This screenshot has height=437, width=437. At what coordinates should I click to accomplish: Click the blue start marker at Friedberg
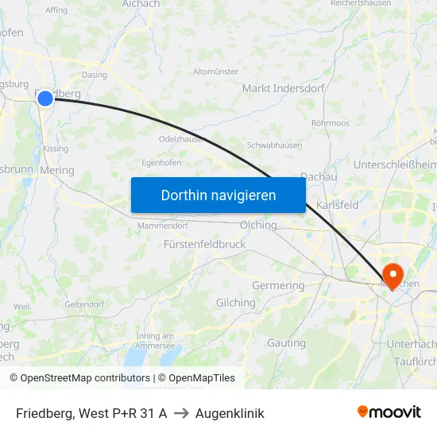45,98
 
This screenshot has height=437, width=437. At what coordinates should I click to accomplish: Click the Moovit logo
389,412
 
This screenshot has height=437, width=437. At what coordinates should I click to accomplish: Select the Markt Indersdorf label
283,88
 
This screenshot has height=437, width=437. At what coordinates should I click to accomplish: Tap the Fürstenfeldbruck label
204,245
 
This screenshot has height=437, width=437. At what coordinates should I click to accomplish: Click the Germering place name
278,285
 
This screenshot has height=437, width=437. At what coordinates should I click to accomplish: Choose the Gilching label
236,303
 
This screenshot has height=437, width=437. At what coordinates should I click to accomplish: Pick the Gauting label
286,343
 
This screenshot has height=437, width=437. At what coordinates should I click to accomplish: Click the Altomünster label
215,72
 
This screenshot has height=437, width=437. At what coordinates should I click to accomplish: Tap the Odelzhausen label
183,138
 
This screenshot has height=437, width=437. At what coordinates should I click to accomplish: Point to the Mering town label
56,170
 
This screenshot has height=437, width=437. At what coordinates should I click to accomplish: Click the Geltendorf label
84,304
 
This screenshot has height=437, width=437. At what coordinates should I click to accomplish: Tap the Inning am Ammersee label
155,341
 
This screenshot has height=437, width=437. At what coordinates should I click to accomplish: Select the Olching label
258,225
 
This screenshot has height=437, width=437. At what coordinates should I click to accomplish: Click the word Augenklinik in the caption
230,413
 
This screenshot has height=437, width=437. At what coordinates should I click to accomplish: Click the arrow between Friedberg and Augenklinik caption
181,413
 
